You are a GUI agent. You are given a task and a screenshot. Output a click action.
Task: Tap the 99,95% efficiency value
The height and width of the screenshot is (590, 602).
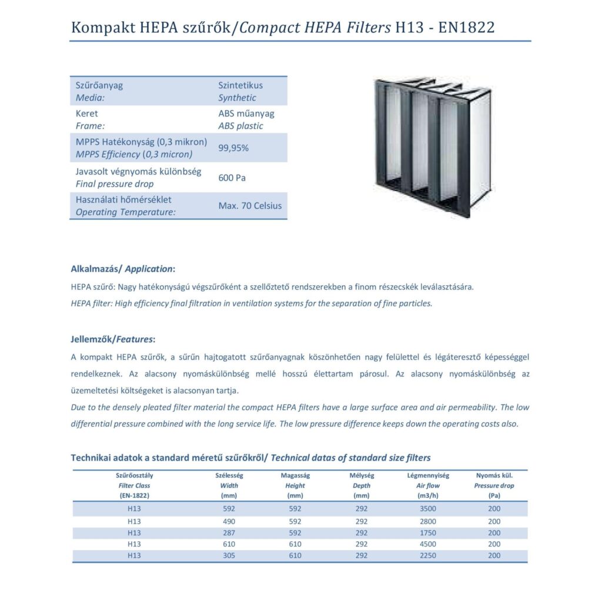[233, 148]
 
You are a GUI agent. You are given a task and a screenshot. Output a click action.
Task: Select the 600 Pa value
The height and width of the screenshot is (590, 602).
[232, 178]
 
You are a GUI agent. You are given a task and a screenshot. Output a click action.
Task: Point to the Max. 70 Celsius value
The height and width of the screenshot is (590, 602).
[250, 206]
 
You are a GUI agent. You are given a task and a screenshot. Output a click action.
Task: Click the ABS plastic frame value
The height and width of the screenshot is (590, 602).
[240, 126]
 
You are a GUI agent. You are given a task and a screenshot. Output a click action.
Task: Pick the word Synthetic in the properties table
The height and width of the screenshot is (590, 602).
[237, 98]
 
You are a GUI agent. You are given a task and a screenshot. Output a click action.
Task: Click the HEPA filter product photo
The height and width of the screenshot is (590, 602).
[432, 146]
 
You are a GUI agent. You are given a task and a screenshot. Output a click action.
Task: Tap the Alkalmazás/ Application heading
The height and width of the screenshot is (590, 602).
[122, 269]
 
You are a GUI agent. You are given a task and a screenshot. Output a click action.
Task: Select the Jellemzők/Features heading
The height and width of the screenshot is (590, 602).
[113, 339]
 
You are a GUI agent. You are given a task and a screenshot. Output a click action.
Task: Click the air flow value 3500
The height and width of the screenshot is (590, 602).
[428, 509]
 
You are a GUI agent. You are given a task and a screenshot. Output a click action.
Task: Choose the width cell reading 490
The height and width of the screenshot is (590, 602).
[229, 521]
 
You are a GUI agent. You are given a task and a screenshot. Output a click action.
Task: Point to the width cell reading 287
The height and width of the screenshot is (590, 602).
[229, 532]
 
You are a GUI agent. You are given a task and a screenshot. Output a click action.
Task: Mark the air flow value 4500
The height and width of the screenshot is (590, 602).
[428, 544]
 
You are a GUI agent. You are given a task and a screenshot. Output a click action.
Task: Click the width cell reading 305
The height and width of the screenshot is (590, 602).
[229, 555]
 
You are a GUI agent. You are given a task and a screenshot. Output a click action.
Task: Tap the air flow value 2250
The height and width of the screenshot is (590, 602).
[428, 555]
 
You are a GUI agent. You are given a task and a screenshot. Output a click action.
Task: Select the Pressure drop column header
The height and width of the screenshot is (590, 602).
[494, 485]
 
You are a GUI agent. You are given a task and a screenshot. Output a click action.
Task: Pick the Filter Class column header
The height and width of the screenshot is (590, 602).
[134, 485]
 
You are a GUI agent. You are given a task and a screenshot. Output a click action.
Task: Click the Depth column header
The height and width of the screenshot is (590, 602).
[362, 485]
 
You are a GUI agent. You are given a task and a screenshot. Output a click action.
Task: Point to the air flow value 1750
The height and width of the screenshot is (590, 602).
[428, 532]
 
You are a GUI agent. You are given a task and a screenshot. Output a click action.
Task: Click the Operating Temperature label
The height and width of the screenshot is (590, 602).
[126, 212]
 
